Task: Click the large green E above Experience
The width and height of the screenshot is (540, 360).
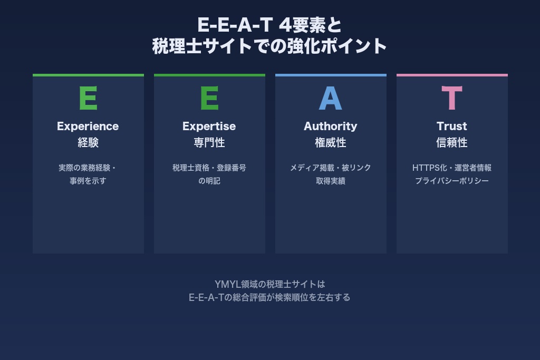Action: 88,98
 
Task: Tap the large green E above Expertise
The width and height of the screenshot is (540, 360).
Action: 209,98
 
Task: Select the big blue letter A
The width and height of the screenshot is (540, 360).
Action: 331,98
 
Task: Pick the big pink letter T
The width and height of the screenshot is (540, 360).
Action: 452,98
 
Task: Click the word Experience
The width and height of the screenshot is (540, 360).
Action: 88,127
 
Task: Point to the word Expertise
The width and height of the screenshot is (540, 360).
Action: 209,127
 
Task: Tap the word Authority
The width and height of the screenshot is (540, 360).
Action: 331,127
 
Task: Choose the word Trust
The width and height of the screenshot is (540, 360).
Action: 452,127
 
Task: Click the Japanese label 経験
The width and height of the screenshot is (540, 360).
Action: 88,143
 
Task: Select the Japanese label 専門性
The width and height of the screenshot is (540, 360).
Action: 209,143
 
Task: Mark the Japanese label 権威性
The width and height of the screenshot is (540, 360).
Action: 331,143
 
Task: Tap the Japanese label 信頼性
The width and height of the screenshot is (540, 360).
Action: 452,143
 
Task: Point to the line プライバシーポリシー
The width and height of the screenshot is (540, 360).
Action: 452,181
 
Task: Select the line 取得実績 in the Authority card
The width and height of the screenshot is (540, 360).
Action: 331,181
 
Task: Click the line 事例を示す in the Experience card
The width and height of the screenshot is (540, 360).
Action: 88,181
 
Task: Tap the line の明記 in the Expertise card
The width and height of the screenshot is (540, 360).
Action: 209,181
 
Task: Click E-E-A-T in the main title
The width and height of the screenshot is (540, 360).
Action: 234,25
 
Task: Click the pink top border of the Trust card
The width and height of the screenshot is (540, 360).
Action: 452,75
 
